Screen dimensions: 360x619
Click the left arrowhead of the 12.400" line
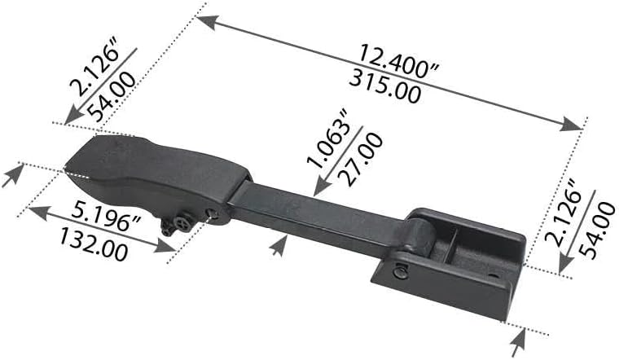(204, 20)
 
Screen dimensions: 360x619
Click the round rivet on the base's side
(401, 272)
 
